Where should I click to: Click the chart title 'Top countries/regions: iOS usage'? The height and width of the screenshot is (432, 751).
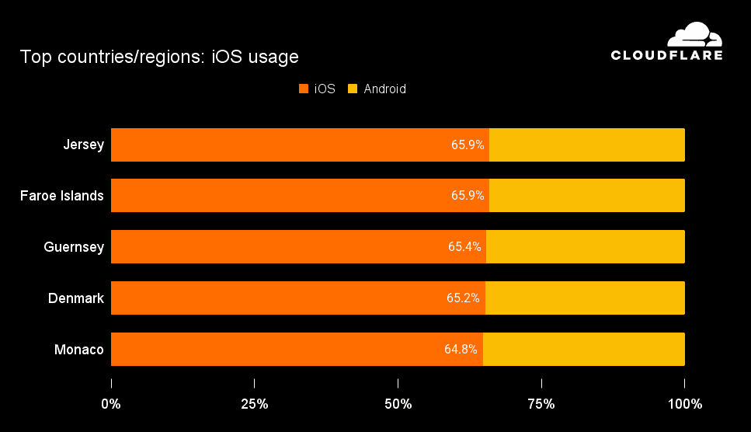click(x=159, y=57)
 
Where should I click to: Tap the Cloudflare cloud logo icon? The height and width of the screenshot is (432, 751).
click(x=695, y=35)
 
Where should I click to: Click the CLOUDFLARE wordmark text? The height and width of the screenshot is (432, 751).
click(x=666, y=55)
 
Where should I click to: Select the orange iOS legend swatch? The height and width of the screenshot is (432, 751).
click(x=304, y=89)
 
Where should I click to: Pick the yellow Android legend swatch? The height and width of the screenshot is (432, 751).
click(x=353, y=89)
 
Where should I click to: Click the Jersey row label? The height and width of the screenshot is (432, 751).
click(x=84, y=145)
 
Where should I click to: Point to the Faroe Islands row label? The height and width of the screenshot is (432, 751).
click(x=62, y=196)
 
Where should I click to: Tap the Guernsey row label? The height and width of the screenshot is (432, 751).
click(x=74, y=247)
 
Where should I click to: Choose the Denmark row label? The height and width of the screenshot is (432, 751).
click(x=76, y=298)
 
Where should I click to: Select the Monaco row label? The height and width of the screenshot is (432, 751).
click(x=79, y=349)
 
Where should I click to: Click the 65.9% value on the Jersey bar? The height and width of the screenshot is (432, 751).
click(x=468, y=145)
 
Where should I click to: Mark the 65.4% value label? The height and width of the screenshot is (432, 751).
click(x=464, y=247)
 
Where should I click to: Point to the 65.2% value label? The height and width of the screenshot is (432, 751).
click(x=464, y=298)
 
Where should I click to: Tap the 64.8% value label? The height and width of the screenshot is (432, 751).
click(x=461, y=349)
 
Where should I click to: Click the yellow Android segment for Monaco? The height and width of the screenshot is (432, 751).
click(x=583, y=349)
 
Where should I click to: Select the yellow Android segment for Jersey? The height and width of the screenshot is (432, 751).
click(x=586, y=145)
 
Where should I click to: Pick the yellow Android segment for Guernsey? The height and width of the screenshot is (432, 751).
click(x=585, y=247)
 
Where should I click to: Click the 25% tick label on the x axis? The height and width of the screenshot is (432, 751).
click(x=255, y=404)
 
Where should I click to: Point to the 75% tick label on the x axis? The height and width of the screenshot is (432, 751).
click(x=541, y=404)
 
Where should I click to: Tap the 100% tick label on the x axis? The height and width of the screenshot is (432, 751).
click(x=684, y=404)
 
